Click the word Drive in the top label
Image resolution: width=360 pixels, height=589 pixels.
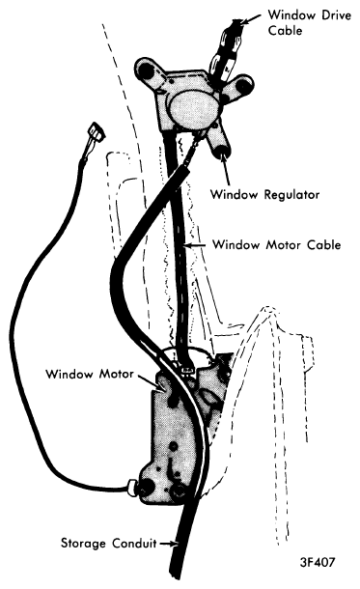[x=322, y=14]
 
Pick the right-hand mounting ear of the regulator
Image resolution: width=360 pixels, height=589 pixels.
[x=242, y=85]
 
